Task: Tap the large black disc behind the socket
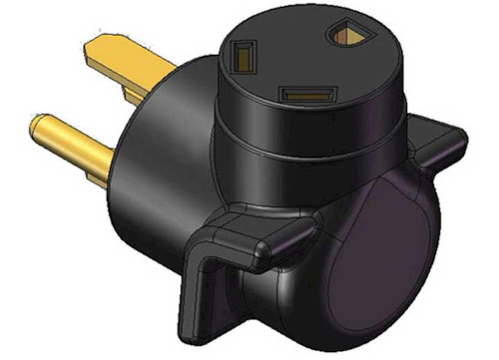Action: [160, 130]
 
